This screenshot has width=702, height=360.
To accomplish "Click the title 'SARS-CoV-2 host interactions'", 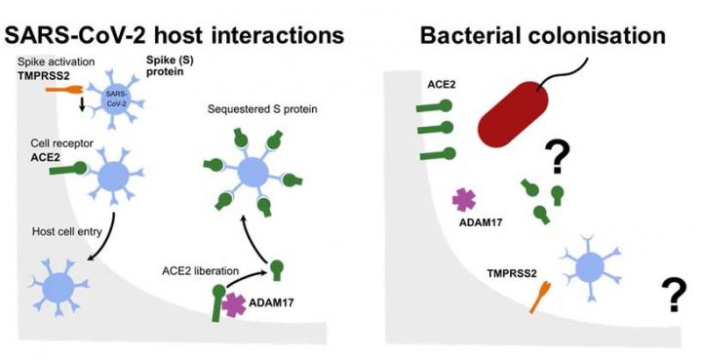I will click(175, 35).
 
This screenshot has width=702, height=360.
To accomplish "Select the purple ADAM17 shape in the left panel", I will click(234, 305).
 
